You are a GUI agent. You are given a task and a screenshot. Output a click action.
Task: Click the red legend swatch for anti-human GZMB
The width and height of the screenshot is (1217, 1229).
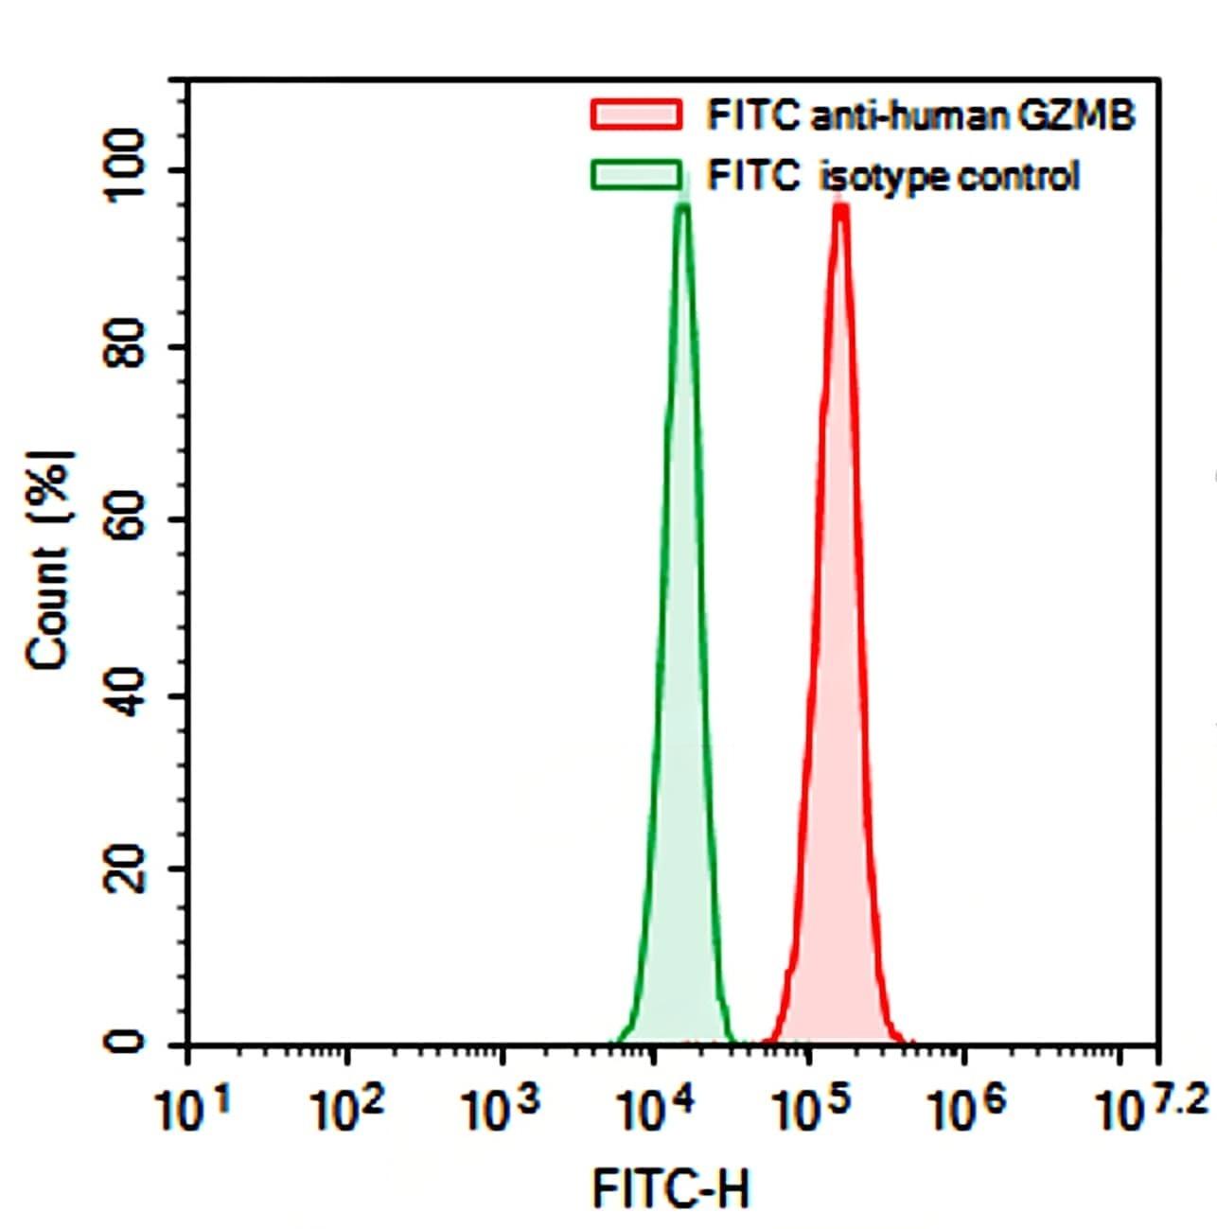[635, 114]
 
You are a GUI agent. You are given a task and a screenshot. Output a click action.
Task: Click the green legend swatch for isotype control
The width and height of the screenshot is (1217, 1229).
[635, 176]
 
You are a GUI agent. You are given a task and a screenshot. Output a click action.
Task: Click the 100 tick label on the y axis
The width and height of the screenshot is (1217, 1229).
[126, 169]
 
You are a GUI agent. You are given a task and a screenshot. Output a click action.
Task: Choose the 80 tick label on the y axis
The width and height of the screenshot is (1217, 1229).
[126, 345]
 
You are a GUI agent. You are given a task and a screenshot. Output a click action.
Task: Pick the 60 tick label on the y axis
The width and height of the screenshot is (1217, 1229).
[126, 519]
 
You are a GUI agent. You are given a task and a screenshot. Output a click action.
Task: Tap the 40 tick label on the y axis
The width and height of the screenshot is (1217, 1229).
[126, 695]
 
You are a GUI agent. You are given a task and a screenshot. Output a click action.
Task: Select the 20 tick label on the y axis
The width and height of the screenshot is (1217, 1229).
[126, 869]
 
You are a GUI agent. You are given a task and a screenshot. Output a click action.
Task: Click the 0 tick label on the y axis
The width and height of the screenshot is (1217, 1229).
[126, 1043]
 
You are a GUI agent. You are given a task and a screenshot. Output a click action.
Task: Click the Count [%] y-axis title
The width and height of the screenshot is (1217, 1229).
[49, 560]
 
